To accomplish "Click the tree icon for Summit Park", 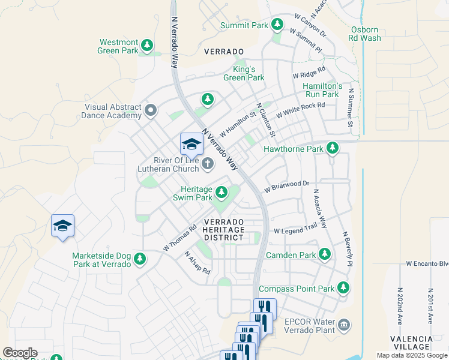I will point(277,25).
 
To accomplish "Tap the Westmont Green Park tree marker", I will point(146,45).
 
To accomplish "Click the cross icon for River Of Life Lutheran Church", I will point(207,163).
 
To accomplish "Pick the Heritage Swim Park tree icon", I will point(221,192).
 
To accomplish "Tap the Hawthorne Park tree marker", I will point(332,148).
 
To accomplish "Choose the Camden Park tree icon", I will point(325,255).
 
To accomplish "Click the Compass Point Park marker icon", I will point(343,288).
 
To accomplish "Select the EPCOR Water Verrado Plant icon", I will point(343,325).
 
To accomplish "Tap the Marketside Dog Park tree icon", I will point(140,259).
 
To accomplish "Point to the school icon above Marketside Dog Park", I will point(62,226).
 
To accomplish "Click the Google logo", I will point(20,353).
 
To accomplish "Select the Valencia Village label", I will point(411,343).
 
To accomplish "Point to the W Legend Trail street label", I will point(295,230).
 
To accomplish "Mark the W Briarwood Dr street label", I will point(286,185).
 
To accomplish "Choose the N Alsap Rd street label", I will point(197,262).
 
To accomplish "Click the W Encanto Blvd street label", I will point(427,263).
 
